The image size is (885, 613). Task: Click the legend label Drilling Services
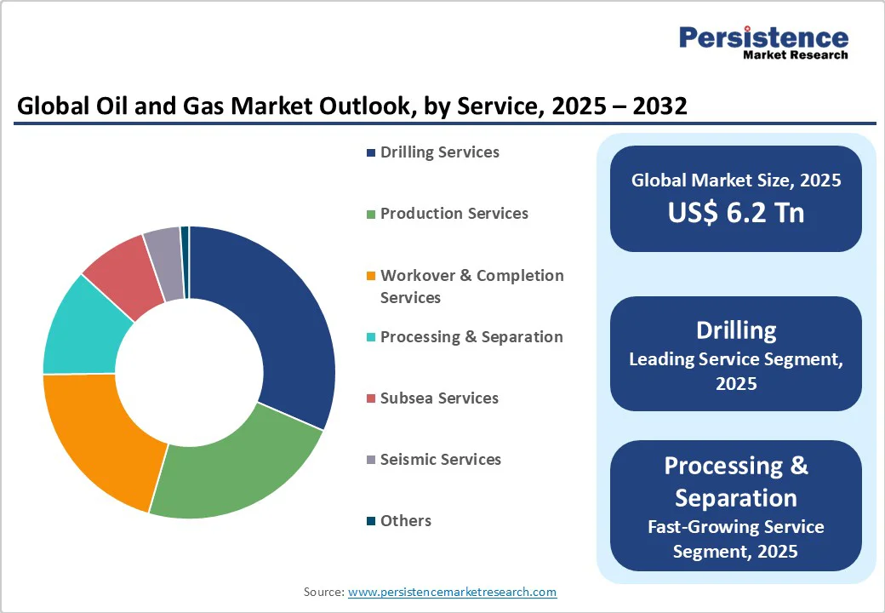(439, 152)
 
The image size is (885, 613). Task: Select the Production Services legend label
(454, 214)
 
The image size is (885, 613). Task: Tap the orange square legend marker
(371, 276)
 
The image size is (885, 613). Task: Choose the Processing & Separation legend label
(471, 337)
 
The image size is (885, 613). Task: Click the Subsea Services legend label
(439, 398)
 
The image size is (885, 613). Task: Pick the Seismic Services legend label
(440, 460)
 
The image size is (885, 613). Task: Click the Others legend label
(405, 521)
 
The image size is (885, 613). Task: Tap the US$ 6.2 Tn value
(735, 212)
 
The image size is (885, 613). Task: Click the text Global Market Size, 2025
(735, 180)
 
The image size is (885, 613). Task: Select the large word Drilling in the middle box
(735, 330)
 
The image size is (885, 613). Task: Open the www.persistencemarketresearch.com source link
(452, 592)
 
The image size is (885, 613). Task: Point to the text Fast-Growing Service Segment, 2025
(735, 539)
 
